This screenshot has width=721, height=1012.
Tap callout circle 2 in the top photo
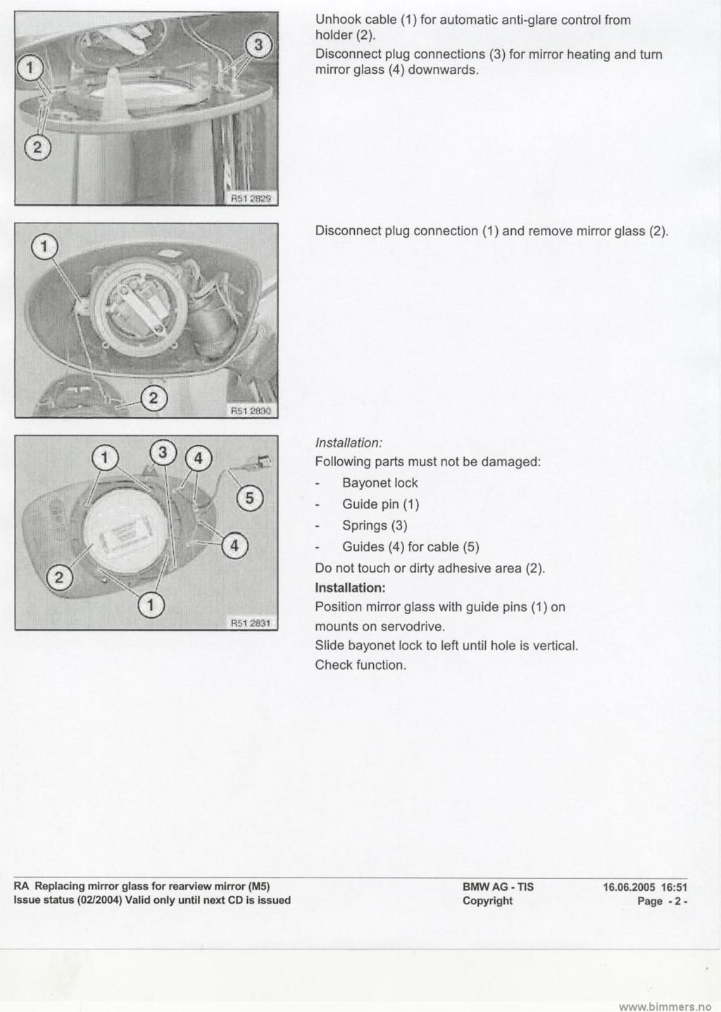[38, 146]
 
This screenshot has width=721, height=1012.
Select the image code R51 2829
[251, 199]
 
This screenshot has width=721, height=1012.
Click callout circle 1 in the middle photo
[44, 247]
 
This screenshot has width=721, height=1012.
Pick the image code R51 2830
[251, 411]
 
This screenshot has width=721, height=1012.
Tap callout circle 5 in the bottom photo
[249, 498]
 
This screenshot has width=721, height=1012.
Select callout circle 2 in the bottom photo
[59, 578]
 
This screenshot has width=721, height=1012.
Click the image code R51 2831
[251, 623]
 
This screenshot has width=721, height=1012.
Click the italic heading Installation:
[349, 443]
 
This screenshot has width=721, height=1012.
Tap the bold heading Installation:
[350, 587]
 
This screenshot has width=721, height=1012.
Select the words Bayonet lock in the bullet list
[380, 483]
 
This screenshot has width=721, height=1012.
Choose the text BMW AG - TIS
[498, 887]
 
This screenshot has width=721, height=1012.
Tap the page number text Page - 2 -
[662, 901]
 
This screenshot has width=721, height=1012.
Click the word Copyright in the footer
[487, 901]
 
